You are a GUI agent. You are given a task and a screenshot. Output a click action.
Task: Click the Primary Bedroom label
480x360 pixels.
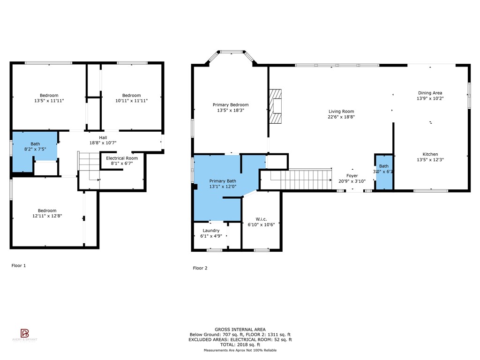coord(231,105)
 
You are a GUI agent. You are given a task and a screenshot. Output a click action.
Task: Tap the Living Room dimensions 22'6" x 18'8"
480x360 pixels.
coord(341,117)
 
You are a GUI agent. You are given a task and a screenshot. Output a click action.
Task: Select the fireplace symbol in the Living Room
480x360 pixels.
coord(277,105)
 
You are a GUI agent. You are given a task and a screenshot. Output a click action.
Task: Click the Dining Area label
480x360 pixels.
coord(430,93)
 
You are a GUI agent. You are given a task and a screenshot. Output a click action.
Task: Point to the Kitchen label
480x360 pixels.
coord(430,154)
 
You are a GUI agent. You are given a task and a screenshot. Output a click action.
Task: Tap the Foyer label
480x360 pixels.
coord(352,176)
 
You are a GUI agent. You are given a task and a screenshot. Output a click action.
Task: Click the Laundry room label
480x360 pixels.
coord(211,231)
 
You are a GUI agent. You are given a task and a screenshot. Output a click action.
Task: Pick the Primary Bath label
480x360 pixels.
coord(223,181)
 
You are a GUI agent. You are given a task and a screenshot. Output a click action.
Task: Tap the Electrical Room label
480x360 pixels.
coord(122,158)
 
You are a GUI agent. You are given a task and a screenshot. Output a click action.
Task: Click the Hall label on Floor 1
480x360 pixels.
coord(103,137)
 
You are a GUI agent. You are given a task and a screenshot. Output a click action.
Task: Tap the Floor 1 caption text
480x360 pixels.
coord(19,265)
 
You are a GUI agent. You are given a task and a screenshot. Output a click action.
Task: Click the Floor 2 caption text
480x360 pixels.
coord(200,268)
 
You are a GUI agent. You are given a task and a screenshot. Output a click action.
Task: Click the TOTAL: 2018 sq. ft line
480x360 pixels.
coord(240,345)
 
